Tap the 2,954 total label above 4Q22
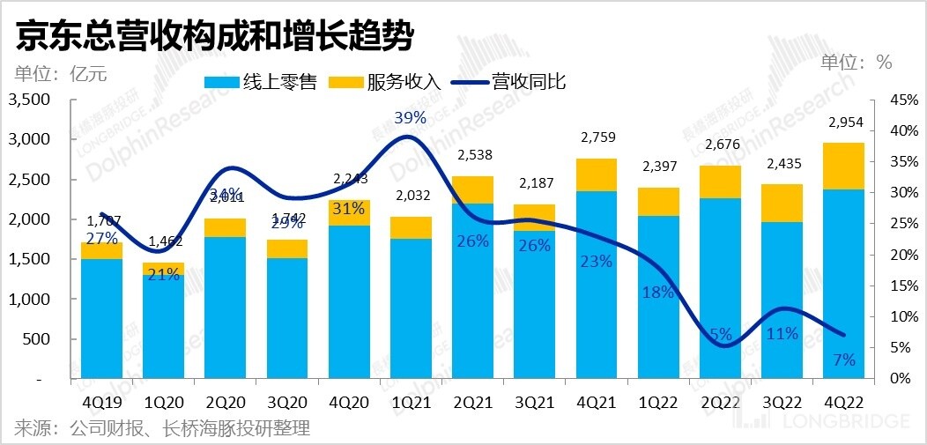[844, 124]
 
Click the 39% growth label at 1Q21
[411, 117]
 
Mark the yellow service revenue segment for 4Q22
[843, 166]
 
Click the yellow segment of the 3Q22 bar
[782, 203]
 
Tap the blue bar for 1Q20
[163, 326]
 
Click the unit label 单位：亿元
[60, 73]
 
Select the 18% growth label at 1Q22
[657, 293]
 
